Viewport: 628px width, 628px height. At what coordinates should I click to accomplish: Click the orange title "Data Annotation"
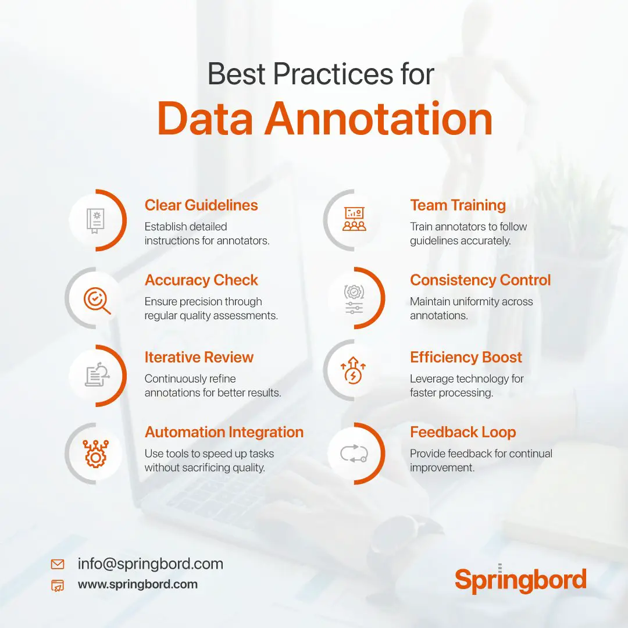point(324,119)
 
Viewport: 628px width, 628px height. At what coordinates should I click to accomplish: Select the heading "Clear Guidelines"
point(201,205)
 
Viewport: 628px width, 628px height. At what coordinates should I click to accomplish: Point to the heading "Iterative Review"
point(199,357)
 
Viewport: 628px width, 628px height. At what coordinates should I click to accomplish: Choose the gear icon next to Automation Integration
point(94,454)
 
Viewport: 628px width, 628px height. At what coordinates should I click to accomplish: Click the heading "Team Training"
point(458,205)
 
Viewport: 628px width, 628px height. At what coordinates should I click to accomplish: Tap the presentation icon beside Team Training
point(354,220)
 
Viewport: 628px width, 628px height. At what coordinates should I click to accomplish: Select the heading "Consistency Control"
point(480,280)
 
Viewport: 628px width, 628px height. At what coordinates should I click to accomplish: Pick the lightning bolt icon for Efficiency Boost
point(354,373)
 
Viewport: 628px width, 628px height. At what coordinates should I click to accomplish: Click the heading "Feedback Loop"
point(463,432)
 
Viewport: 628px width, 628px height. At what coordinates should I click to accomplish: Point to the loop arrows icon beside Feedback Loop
point(354,454)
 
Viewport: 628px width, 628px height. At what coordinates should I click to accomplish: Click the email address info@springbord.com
point(150,563)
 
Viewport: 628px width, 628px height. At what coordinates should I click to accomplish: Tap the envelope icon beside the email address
point(58,564)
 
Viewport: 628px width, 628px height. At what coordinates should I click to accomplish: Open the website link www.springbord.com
point(138,584)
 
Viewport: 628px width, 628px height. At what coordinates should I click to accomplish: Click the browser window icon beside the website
point(58,586)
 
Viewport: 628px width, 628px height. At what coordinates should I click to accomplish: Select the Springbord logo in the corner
point(520,580)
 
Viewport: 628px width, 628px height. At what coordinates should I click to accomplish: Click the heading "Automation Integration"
point(224,432)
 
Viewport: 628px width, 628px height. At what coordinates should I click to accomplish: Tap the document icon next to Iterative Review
point(95,376)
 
